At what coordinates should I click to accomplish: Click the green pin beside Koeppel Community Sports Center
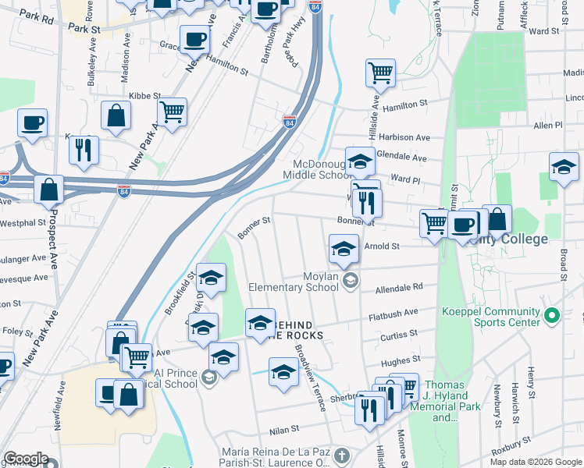[x=553, y=316]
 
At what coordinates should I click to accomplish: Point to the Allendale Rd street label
[x=398, y=287]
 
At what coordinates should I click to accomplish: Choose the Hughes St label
[x=401, y=360]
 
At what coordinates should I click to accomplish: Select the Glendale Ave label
[x=401, y=157]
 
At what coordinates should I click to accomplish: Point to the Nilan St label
[x=283, y=429]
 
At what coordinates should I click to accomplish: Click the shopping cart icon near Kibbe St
[x=172, y=110]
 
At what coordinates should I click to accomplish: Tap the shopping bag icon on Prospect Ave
[x=49, y=188]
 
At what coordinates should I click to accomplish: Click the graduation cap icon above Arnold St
[x=344, y=247]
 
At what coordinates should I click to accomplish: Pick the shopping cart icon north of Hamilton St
[x=380, y=72]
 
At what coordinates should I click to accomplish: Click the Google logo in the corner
[x=26, y=459]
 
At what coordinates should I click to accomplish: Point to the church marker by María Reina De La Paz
[x=340, y=454]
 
